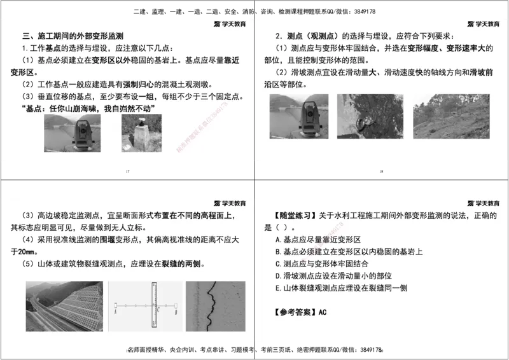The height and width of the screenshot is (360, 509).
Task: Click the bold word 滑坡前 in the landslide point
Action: pos(481,73)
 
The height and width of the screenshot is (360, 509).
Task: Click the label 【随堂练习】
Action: pos(291,216)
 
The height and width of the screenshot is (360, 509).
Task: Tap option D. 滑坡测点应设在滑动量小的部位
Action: pos(333,276)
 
